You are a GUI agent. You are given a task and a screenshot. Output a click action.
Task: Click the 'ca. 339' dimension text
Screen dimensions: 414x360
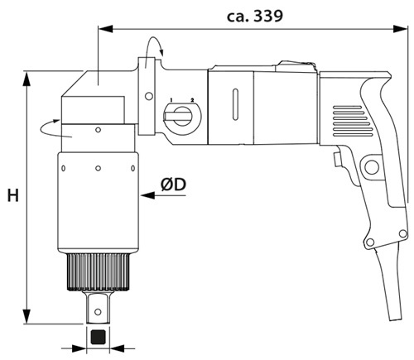pyautogui.click(x=255, y=16)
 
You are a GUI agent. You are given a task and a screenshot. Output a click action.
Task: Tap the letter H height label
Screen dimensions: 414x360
pyautogui.click(x=13, y=195)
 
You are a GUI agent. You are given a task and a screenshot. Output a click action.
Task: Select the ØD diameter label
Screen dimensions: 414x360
pyautogui.click(x=173, y=185)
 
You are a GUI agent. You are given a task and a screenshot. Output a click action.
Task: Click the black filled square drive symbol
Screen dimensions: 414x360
pyautogui.click(x=98, y=337)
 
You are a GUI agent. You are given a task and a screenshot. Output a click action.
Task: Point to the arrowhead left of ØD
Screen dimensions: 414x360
pyautogui.click(x=147, y=195)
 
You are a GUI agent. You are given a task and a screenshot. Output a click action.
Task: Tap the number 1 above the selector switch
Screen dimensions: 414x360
pyautogui.click(x=171, y=99)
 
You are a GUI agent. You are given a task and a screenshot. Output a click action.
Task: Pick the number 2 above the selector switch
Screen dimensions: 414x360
pyautogui.click(x=192, y=99)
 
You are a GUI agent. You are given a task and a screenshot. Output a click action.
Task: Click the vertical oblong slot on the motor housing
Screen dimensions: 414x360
pyautogui.click(x=235, y=104)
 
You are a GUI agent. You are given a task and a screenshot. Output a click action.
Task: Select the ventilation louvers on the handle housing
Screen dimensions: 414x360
pyautogui.click(x=353, y=121)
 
